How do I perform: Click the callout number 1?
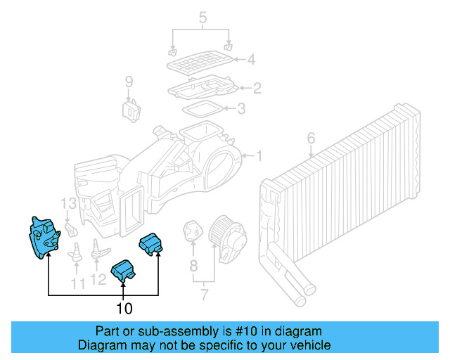tap(258, 155)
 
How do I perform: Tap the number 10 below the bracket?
tap(124, 308)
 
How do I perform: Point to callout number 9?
tap(129, 82)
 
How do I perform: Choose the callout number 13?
tap(67, 204)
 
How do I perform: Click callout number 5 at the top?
tap(203, 16)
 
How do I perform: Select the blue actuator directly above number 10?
tap(124, 270)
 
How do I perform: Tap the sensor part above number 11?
tap(75, 251)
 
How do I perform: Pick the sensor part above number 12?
tap(98, 250)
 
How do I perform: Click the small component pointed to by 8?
tap(192, 231)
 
